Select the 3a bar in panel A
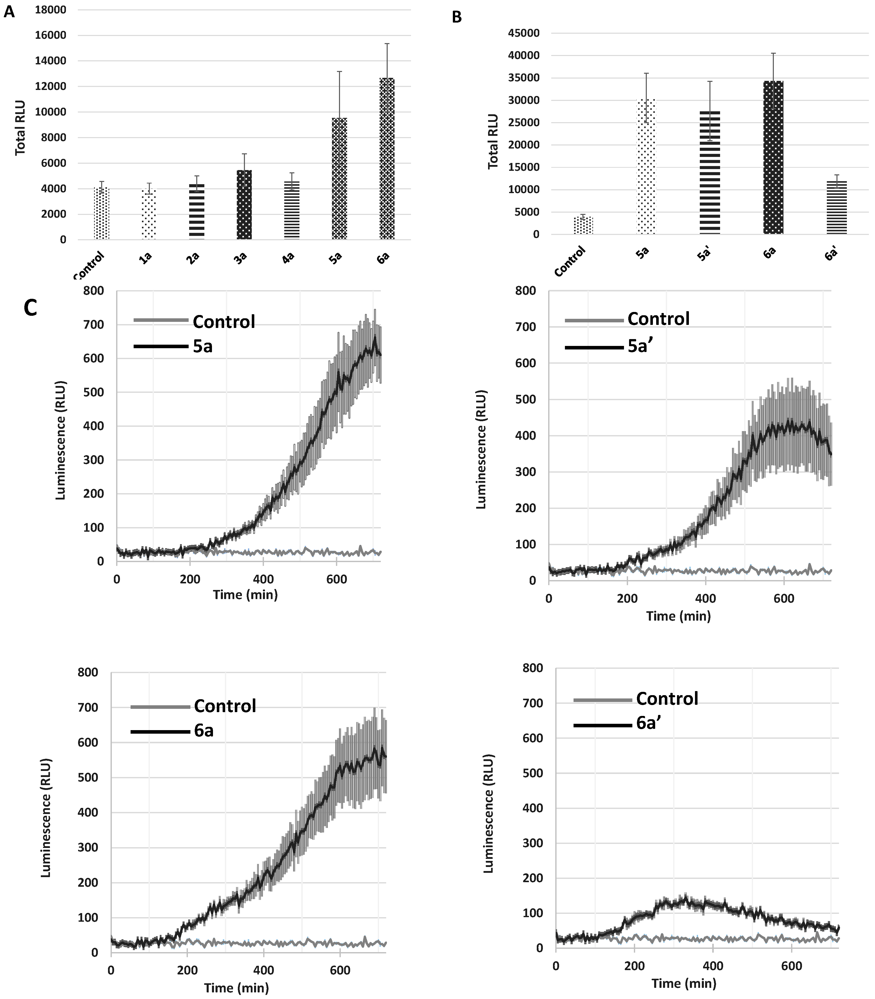point(244,205)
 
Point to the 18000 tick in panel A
point(51,10)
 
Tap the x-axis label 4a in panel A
point(288,258)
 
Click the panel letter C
point(30,308)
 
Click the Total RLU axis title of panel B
point(493,141)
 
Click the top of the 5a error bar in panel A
point(339,72)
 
